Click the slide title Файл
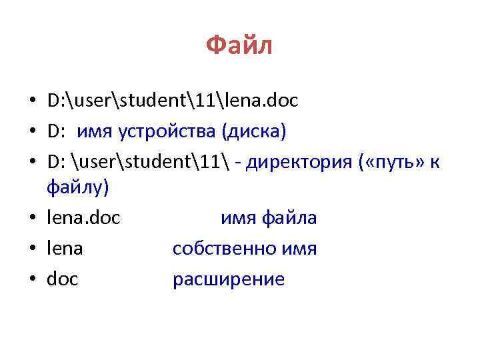click(x=239, y=47)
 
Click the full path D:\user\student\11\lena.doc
click(x=173, y=101)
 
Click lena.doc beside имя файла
click(x=83, y=218)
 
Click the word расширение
click(x=228, y=279)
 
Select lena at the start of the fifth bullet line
click(x=65, y=249)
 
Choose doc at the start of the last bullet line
click(x=63, y=279)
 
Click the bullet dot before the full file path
click(x=31, y=101)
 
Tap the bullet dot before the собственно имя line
click(x=31, y=249)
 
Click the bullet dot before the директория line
click(x=31, y=163)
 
